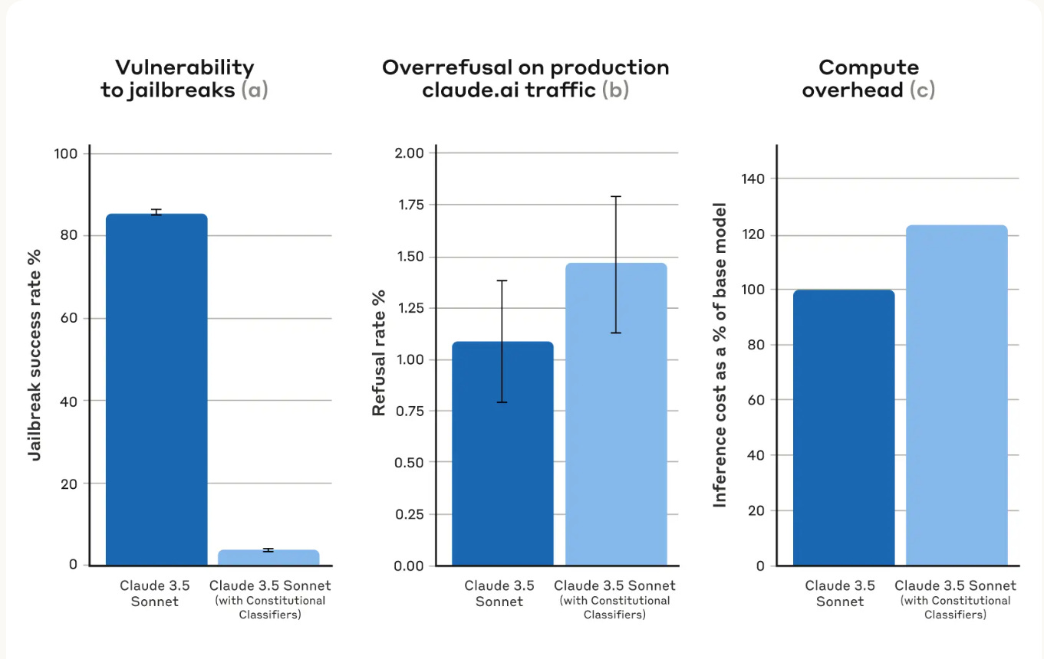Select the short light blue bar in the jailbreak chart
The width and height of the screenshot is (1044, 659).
point(268,557)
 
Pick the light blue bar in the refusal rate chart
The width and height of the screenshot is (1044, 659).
point(616,414)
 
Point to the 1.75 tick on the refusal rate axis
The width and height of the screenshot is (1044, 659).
point(409,205)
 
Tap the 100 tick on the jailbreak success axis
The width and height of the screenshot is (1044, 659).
point(66,154)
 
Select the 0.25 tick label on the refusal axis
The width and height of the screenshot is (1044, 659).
point(409,514)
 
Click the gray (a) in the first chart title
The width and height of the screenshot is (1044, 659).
point(255,90)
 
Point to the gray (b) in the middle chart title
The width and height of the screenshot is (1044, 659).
point(615,90)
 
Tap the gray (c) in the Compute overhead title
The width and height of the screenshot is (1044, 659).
point(922,90)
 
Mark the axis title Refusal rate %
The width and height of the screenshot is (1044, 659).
point(379,352)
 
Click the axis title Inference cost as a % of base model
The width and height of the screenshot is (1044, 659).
point(720,354)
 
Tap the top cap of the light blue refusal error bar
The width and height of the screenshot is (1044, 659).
point(616,197)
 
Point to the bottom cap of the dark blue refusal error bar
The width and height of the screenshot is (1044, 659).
point(502,402)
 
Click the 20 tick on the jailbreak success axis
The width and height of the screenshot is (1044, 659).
point(70,484)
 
